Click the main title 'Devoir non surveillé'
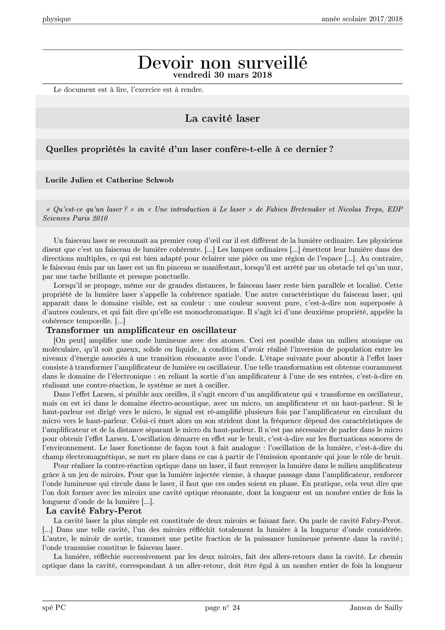pyautogui.click(x=222, y=63)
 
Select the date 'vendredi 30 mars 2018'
pyautogui.click(x=222, y=75)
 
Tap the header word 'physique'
pyautogui.click(x=56, y=19)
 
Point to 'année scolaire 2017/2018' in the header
pyautogui.click(x=362, y=19)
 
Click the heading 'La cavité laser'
pyautogui.click(x=222, y=118)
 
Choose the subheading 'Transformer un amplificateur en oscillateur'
pyautogui.click(x=141, y=330)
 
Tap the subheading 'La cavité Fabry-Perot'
pyautogui.click(x=94, y=511)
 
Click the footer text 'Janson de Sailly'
pyautogui.click(x=376, y=608)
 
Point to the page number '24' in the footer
pyautogui.click(x=236, y=608)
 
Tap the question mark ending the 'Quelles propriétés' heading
pyautogui.click(x=331, y=149)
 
